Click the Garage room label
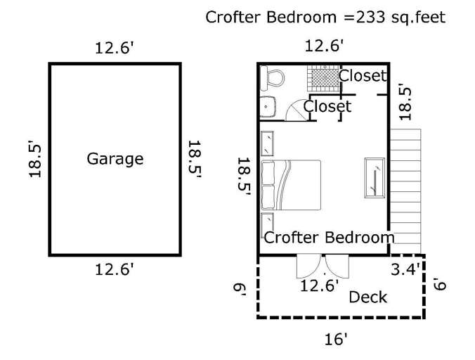click(115, 159)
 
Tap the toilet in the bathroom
click(273, 78)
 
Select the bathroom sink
click(268, 107)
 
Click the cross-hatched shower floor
click(323, 78)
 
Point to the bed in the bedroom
click(291, 185)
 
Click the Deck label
click(367, 297)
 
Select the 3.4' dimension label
click(405, 269)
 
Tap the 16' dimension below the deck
click(336, 339)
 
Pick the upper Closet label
click(363, 76)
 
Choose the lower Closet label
click(327, 106)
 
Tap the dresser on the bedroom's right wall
click(375, 178)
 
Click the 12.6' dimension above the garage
click(115, 48)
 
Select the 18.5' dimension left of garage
click(34, 159)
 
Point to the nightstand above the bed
click(267, 143)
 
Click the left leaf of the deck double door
click(308, 266)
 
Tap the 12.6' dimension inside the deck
click(319, 285)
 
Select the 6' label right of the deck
click(440, 284)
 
